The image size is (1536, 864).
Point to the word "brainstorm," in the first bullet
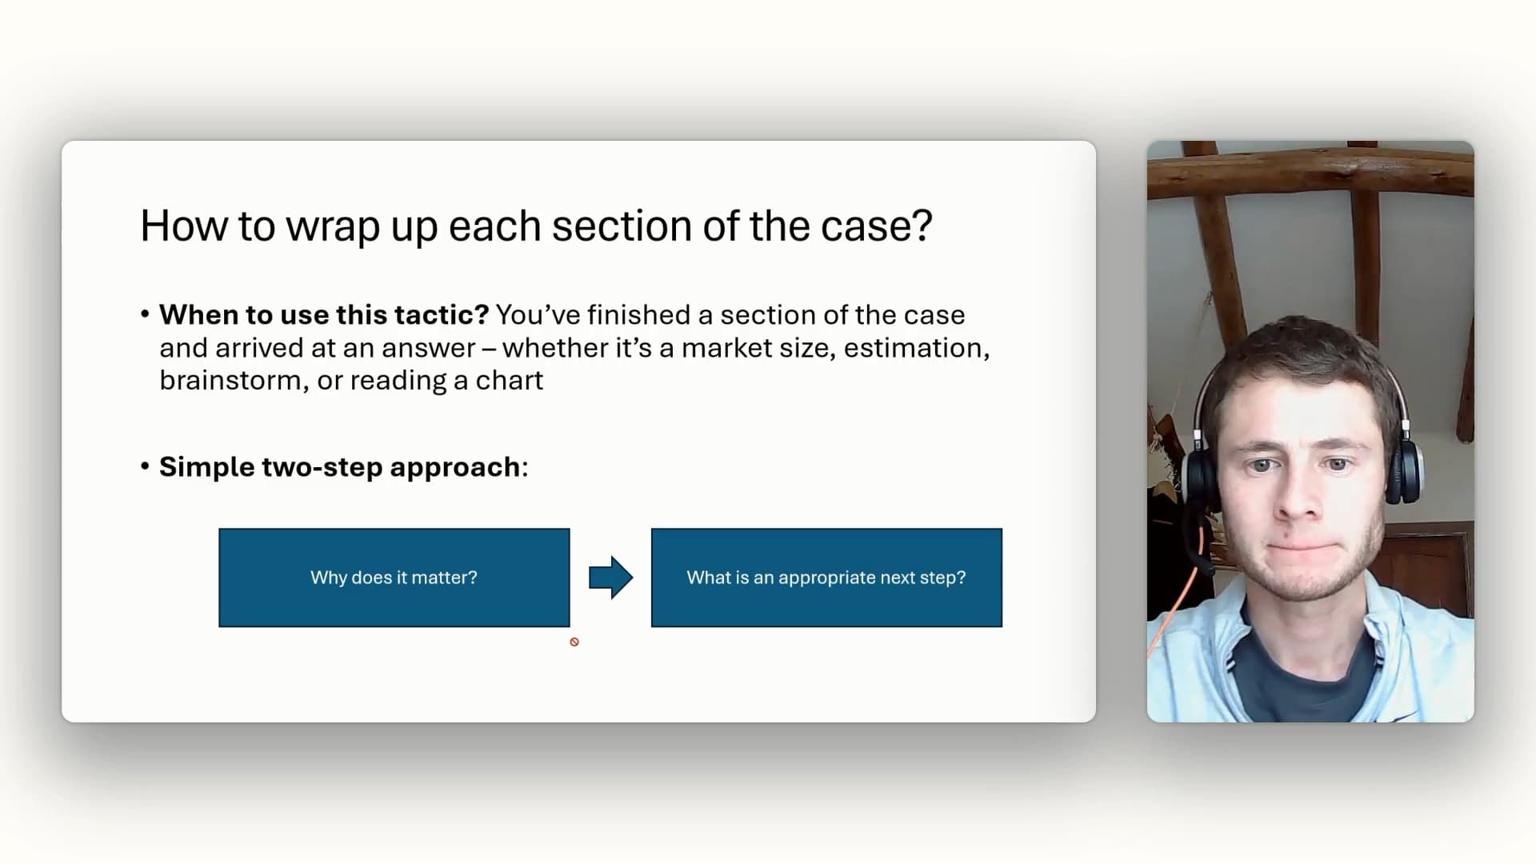tap(234, 380)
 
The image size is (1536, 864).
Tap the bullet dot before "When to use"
tap(145, 314)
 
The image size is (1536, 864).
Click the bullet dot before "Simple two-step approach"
tap(145, 466)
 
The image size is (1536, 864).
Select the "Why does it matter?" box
tap(394, 578)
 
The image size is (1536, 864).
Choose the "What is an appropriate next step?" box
tap(826, 578)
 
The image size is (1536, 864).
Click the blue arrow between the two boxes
tap(611, 578)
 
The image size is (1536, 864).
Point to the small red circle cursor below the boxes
tap(574, 642)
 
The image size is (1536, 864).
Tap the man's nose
tap(1299, 496)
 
